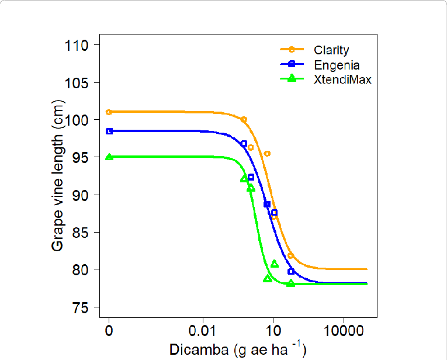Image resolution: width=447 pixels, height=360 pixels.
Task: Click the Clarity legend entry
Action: [331, 50]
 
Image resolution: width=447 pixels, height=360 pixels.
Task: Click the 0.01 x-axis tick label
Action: [203, 331]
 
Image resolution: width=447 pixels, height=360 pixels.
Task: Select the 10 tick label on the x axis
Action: [273, 331]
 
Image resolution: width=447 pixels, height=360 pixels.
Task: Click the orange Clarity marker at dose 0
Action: [109, 112]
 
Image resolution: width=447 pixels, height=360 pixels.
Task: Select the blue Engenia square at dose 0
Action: [109, 131]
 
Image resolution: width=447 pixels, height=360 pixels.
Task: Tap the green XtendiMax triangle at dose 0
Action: [109, 157]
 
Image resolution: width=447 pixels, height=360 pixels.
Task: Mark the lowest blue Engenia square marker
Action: [291, 271]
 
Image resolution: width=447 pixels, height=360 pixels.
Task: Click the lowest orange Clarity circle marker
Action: [290, 256]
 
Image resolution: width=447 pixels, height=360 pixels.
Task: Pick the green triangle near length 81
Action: [275, 264]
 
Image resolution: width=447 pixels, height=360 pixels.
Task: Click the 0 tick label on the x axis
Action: [109, 331]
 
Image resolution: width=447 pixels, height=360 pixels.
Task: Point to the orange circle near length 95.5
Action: [267, 154]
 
